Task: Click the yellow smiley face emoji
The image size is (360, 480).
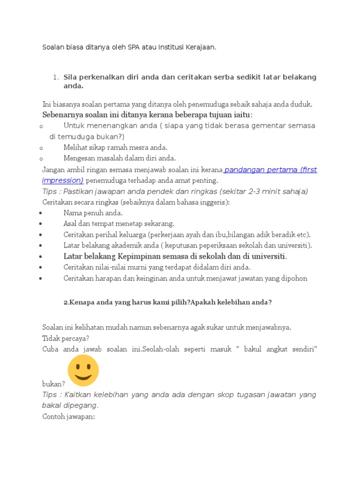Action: point(83,370)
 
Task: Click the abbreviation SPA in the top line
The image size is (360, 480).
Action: point(134,47)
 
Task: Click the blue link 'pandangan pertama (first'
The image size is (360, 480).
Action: point(271,170)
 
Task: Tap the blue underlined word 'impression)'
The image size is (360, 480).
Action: point(63,180)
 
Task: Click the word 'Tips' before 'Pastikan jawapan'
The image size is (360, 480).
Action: point(50,191)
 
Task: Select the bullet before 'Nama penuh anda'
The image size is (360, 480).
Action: point(42,213)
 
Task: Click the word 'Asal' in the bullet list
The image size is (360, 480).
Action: point(71,224)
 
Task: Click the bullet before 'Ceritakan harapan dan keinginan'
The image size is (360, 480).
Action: point(42,278)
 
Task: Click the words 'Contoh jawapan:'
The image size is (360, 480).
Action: point(68,416)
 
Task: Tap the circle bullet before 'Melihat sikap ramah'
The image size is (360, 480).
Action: point(41,148)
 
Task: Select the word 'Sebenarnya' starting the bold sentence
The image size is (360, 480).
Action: point(62,115)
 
